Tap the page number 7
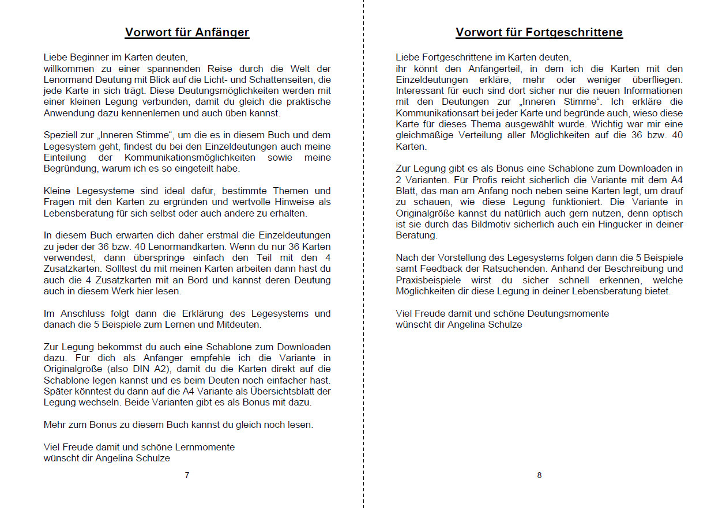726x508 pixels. click(x=187, y=475)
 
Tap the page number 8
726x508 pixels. click(x=539, y=475)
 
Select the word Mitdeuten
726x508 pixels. click(x=242, y=324)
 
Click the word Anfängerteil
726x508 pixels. click(x=474, y=69)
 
